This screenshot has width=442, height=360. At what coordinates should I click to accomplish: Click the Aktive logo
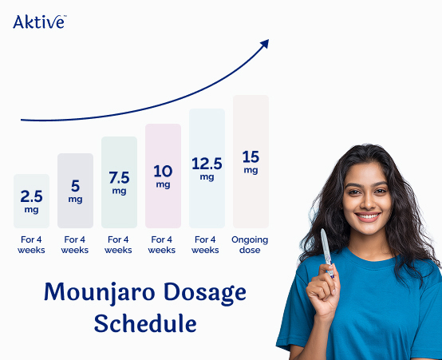tap(39, 22)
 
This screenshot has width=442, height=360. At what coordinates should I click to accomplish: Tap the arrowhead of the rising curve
tap(264, 45)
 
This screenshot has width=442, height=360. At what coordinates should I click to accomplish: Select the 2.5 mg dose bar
tap(31, 200)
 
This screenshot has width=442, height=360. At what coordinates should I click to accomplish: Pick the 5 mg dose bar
tap(75, 190)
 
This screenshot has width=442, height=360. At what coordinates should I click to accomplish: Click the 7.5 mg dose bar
tap(119, 182)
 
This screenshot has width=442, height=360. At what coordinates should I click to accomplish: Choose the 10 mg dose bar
tap(163, 176)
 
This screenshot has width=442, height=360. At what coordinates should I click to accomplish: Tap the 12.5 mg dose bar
tap(207, 168)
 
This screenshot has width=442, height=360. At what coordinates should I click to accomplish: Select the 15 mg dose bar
tap(251, 161)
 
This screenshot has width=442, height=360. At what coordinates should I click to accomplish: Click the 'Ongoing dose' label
tap(250, 244)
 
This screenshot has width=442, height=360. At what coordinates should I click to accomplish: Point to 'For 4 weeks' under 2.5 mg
tap(31, 244)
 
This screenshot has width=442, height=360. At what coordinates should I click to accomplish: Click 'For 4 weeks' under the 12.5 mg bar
tap(205, 244)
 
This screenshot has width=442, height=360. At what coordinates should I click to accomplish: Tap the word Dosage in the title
tap(195, 292)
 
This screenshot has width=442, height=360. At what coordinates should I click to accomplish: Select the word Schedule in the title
tap(144, 323)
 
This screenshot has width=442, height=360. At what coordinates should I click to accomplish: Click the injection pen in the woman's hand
tap(326, 251)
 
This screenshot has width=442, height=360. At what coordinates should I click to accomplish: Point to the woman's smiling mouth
tap(368, 216)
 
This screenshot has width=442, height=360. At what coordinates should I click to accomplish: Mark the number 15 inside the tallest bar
tap(251, 156)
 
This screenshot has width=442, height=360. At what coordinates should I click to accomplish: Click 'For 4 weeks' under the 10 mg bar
tap(162, 244)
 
